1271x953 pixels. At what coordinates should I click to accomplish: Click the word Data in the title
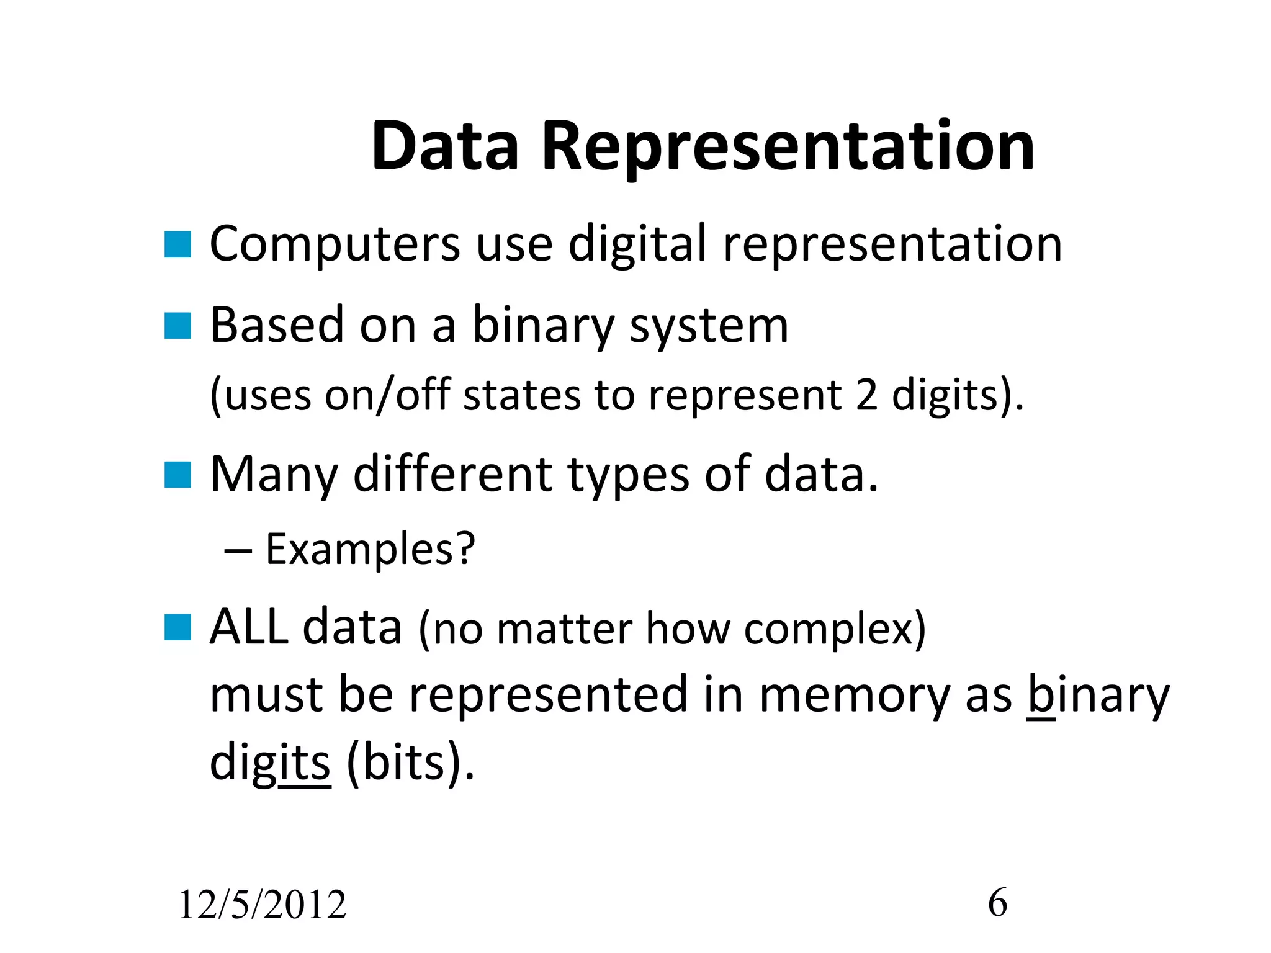point(444,146)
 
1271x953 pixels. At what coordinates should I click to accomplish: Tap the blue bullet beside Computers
point(177,244)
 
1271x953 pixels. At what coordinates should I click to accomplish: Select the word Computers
point(335,244)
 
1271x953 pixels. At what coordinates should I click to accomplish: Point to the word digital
point(637,244)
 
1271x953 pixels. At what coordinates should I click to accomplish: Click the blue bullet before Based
point(177,326)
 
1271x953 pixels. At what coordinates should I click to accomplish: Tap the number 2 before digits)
point(866,395)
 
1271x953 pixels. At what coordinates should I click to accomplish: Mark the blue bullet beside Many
point(177,475)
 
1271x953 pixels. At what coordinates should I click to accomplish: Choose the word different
point(452,475)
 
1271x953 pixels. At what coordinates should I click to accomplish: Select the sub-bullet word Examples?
point(371,550)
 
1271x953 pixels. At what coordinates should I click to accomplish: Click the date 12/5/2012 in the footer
point(262,905)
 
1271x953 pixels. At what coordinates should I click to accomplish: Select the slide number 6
point(997,902)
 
